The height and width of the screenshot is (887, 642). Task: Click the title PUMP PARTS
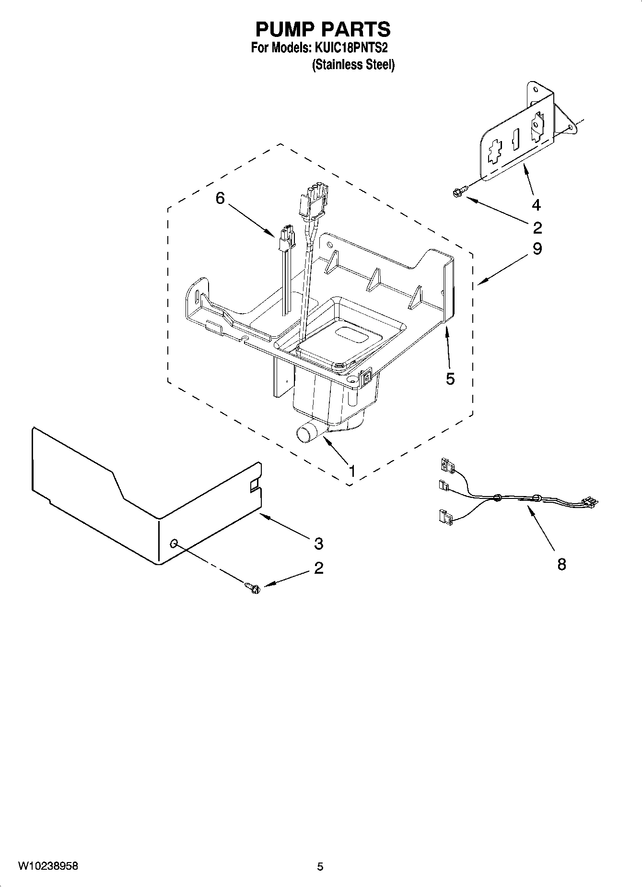click(323, 30)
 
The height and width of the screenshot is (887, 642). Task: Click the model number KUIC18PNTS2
click(350, 48)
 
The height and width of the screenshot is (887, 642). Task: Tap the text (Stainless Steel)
click(353, 65)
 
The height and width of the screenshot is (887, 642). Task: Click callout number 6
click(220, 198)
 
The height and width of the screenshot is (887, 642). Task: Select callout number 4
click(536, 205)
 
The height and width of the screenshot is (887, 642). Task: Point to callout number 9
click(537, 248)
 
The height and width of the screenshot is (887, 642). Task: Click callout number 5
click(450, 378)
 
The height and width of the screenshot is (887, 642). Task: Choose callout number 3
click(319, 544)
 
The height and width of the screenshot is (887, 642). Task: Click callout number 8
click(561, 564)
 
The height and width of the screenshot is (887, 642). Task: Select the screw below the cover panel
click(253, 587)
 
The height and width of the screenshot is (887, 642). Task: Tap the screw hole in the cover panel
click(175, 543)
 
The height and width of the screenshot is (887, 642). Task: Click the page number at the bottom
click(320, 866)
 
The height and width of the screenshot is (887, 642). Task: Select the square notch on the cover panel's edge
click(253, 486)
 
